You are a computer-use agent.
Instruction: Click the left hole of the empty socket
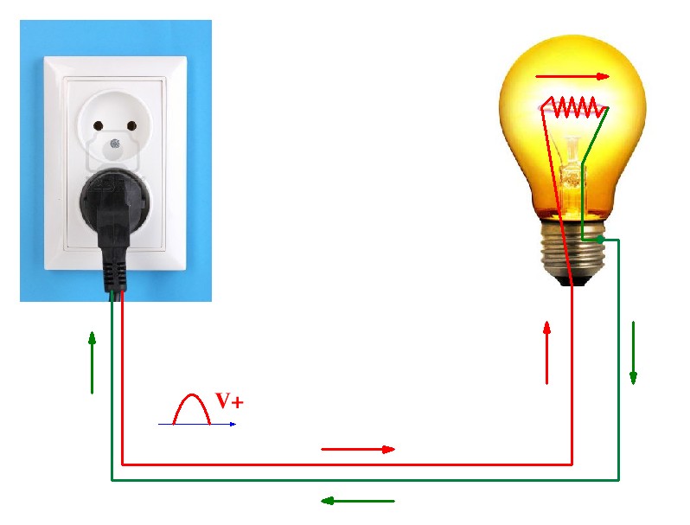coord(98,126)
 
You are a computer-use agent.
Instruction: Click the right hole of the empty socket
coord(131,126)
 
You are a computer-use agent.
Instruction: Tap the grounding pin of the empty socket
coord(115,144)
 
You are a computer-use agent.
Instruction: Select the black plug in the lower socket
coord(113,207)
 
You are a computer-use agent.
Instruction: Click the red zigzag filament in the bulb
coord(574,107)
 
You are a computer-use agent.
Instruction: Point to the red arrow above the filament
coord(572,77)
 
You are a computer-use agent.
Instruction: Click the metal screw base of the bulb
coord(574,248)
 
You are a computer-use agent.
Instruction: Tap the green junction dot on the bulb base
coord(599,240)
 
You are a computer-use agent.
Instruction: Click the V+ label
coord(229,400)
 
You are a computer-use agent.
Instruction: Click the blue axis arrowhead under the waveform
coord(233,424)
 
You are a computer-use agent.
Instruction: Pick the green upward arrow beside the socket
coord(92,362)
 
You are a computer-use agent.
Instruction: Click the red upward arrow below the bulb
coord(547,353)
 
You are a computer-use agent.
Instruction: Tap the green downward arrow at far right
coord(633,353)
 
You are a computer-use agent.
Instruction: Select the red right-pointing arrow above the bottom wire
coord(358,449)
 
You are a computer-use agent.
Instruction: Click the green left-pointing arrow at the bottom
coord(358,501)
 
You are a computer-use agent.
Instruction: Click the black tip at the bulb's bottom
coord(572,281)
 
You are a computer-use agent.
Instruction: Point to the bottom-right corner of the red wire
coord(572,464)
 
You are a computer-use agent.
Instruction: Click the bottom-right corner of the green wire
coord(619,480)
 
